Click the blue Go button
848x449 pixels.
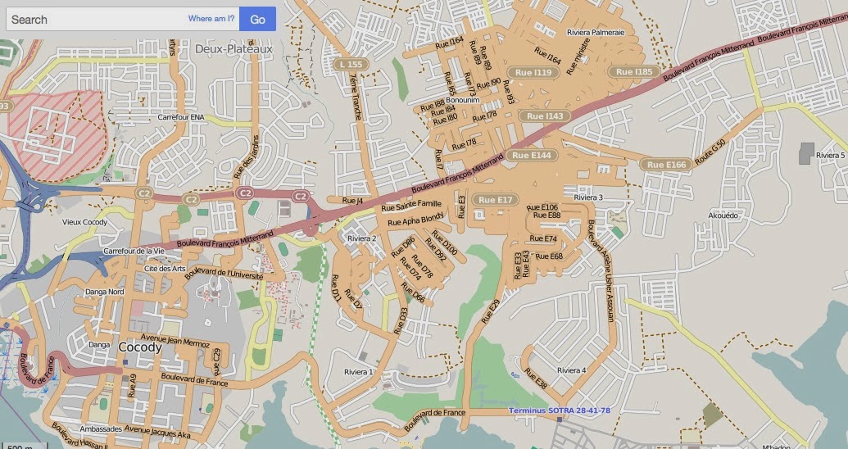[257, 19]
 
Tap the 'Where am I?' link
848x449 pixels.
[211, 18]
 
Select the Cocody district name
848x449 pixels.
[140, 347]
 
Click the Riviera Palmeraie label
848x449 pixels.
[596, 33]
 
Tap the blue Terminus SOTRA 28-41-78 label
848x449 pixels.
[559, 410]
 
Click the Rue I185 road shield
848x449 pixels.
[634, 72]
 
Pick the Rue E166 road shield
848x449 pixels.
[665, 165]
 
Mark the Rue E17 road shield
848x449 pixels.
[495, 200]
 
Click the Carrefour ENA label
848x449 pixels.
[181, 117]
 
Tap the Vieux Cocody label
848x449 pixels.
[84, 222]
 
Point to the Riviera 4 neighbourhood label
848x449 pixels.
[571, 370]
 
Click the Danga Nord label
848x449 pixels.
[105, 292]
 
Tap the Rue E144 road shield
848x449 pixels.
[533, 155]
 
